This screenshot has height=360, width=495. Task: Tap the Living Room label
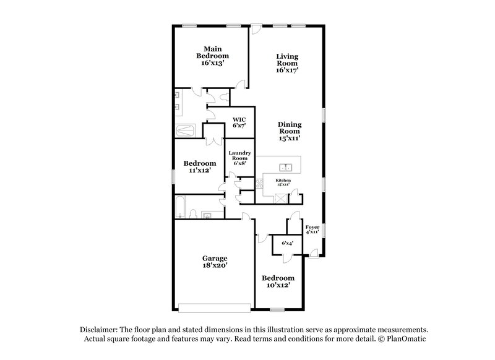tap(287, 63)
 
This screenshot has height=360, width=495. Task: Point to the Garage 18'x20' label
tap(215, 262)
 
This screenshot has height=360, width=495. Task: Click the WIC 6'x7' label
tap(239, 122)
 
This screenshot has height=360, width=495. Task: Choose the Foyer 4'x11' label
tap(312, 229)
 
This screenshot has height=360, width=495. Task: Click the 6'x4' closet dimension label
tap(287, 244)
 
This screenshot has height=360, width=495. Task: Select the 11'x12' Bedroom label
tap(199, 166)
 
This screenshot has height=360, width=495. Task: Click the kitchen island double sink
tap(286, 167)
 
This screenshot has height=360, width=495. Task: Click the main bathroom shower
tap(186, 131)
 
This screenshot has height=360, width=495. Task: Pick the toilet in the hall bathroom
tap(193, 214)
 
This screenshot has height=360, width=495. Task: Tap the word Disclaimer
tap(100, 330)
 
